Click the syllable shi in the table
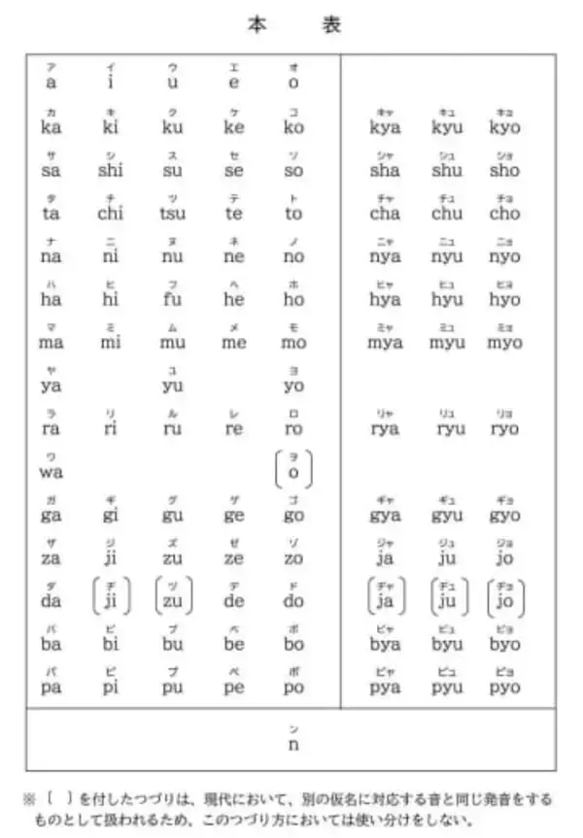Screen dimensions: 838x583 coord(111,170)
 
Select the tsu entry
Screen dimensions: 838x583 coord(172,214)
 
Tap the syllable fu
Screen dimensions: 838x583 coord(172,299)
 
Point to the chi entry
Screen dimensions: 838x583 coord(111,214)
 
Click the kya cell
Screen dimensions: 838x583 coord(386,127)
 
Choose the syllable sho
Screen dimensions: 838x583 coord(504,170)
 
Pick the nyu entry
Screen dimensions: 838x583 coord(447,256)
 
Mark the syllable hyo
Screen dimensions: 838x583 coord(504,299)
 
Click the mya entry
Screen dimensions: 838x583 coord(386,342)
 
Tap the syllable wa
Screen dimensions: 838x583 coord(51,472)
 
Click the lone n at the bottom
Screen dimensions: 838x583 coord(292,744)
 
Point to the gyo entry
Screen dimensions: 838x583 coord(504,515)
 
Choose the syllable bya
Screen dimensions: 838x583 coord(386,644)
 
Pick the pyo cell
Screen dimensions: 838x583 coord(504,687)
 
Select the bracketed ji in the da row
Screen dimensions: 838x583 coord(111,600)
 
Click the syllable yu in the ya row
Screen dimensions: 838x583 coord(172,385)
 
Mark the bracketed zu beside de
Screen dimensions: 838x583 coord(172,600)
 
